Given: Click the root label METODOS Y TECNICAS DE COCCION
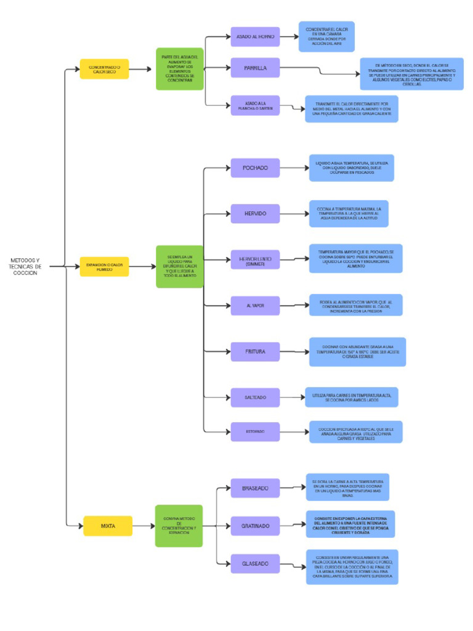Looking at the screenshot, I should (25, 266).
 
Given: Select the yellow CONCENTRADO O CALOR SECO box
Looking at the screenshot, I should (104, 69).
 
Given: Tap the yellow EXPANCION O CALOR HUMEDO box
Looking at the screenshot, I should (104, 266).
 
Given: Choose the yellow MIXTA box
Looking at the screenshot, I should (108, 526).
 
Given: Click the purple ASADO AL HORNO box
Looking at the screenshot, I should (255, 37).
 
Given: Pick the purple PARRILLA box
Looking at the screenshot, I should (255, 68).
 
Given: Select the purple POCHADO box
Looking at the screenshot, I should (255, 168).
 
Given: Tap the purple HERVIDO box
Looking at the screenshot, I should (255, 214).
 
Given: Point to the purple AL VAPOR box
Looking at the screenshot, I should (255, 306).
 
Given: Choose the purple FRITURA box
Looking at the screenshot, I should (255, 352).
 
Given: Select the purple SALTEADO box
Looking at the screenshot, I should (255, 397).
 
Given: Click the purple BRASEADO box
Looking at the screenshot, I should (255, 489).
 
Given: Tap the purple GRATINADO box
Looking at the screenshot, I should (255, 526).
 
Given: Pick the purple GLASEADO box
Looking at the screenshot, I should (255, 564).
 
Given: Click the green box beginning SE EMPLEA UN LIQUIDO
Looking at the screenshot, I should (179, 266).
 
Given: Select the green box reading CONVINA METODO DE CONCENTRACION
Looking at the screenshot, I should (179, 526).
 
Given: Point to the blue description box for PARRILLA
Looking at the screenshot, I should (411, 74).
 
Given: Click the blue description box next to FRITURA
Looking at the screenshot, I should (357, 352).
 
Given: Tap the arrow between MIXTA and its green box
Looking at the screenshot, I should (143, 526).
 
